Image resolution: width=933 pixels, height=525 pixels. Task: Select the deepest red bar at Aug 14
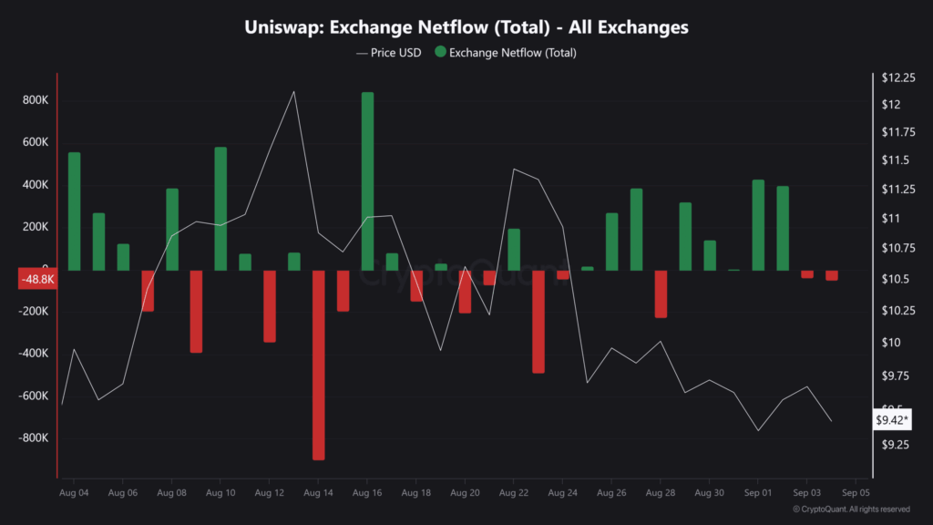[318, 365]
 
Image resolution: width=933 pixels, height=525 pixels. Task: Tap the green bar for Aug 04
[74, 211]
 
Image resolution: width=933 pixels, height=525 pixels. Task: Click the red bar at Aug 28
[661, 293]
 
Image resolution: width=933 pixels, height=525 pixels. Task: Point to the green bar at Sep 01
[758, 224]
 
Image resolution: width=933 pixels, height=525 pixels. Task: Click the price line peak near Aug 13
[293, 92]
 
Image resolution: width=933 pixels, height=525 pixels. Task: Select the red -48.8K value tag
[37, 280]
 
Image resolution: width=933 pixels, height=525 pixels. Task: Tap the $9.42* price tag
[891, 420]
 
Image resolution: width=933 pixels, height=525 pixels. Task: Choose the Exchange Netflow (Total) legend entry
[506, 53]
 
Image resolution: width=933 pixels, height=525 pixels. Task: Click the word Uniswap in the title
[283, 27]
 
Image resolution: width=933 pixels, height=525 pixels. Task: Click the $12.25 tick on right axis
[897, 78]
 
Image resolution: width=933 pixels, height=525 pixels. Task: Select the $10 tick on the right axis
[891, 343]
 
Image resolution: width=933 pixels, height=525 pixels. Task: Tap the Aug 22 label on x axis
[514, 492]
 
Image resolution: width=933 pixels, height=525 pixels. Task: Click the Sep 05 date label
[856, 492]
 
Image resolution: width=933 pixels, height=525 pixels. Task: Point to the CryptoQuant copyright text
[851, 510]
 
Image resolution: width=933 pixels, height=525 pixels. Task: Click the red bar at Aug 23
[538, 321]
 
